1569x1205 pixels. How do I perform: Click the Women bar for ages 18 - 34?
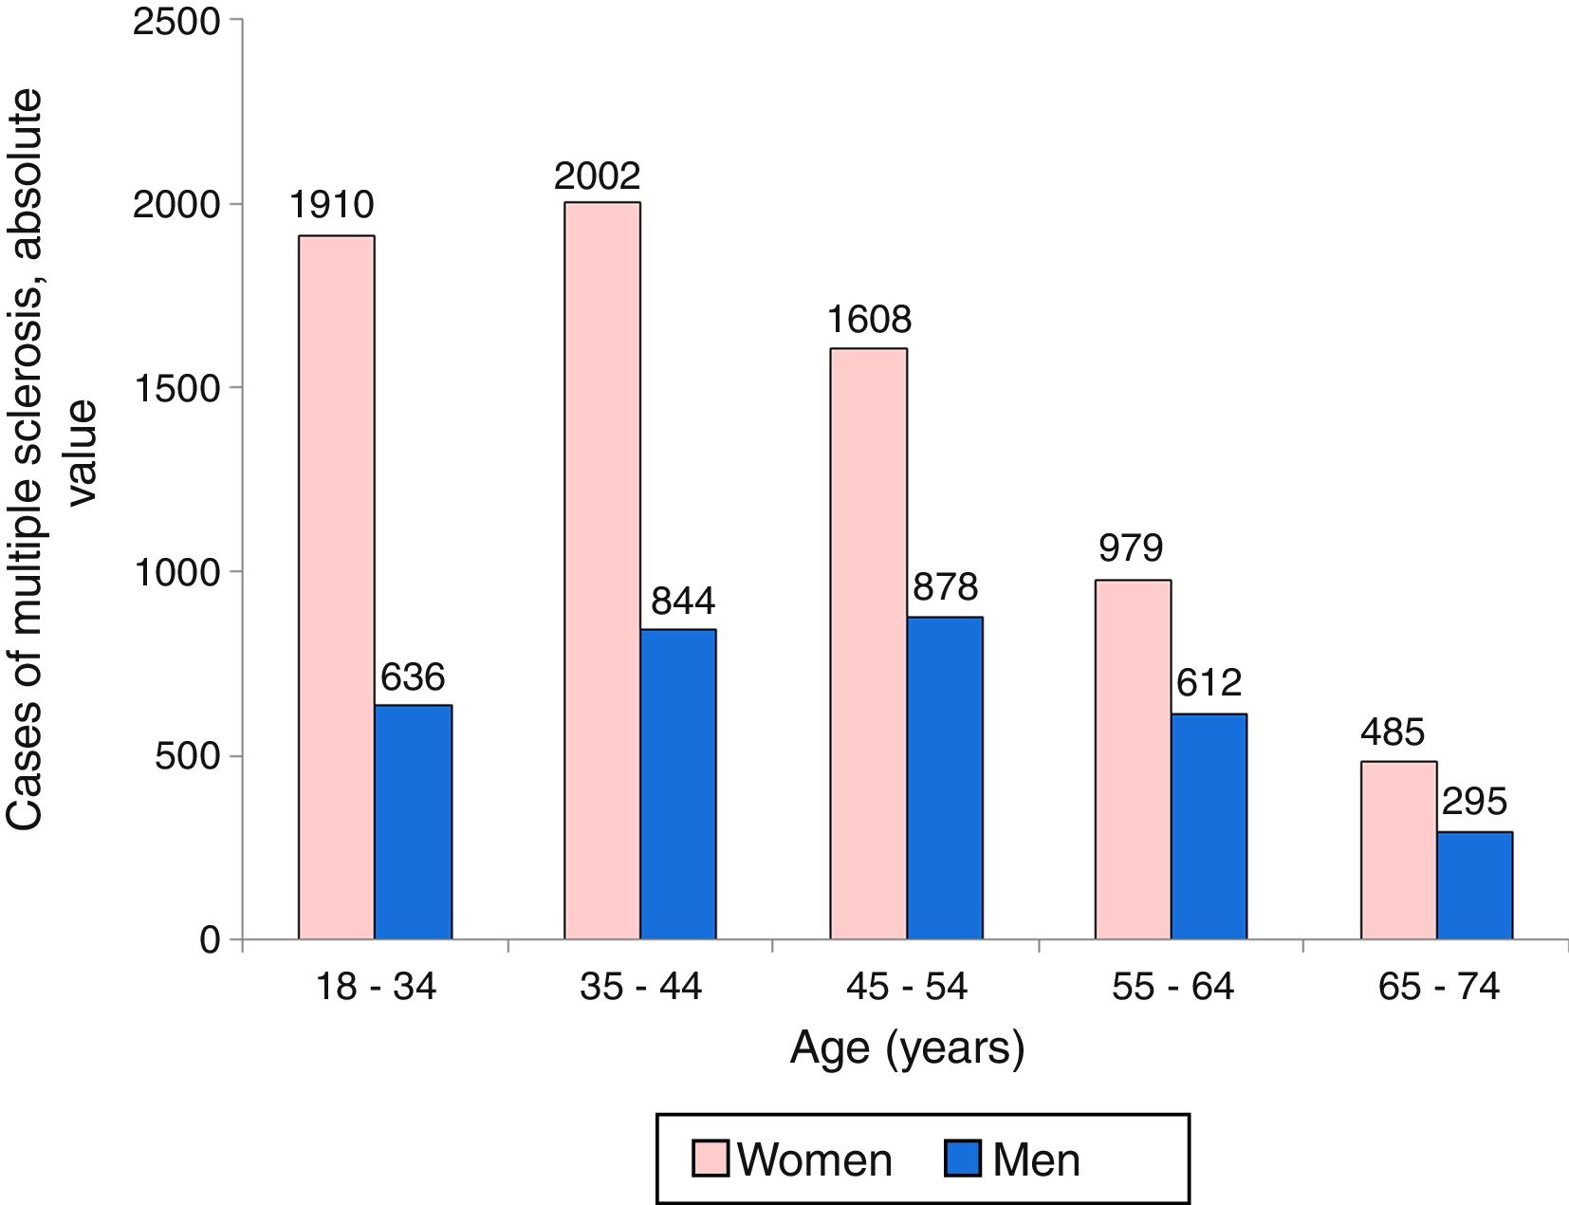tap(336, 587)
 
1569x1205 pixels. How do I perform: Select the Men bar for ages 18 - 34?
tap(413, 822)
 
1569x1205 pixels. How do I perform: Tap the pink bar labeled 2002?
tap(601, 570)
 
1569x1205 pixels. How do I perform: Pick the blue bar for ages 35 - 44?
tap(677, 784)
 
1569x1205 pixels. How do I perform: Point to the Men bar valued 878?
tap(944, 778)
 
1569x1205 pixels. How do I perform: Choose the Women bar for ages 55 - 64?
tap(1133, 759)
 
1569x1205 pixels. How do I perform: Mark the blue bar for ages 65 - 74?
tap(1474, 885)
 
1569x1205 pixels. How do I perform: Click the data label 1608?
tap(868, 320)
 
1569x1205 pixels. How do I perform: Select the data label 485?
tap(1392, 732)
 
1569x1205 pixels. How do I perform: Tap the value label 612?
tap(1209, 683)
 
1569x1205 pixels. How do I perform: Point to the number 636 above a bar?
tap(413, 677)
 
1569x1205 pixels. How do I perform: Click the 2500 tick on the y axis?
tap(176, 21)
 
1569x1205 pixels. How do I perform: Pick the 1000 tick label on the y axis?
tap(176, 572)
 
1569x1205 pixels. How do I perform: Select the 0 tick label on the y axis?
tap(210, 939)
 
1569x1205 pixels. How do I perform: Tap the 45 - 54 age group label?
tap(906, 987)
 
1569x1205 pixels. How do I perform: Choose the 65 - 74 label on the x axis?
tap(1438, 987)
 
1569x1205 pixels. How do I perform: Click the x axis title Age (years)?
tap(907, 1048)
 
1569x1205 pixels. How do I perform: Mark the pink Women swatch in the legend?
tap(710, 1159)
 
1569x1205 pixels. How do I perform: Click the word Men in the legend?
tap(1036, 1160)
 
